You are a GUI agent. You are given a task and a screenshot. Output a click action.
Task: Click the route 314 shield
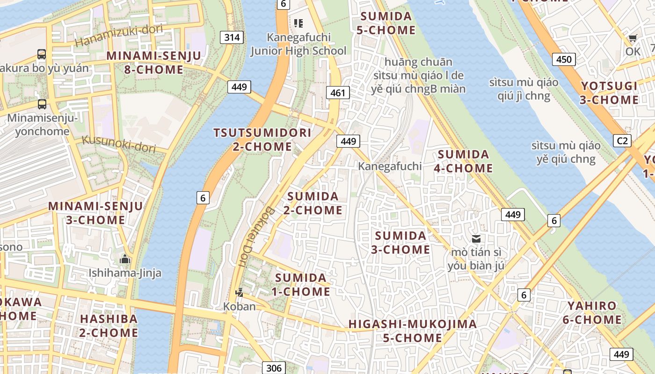pyautogui.click(x=232, y=37)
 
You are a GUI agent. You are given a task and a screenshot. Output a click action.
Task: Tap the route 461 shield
pyautogui.click(x=337, y=93)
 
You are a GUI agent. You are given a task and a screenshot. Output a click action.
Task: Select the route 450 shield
pyautogui.click(x=564, y=59)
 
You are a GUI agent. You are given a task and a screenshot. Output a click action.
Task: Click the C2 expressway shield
pyautogui.click(x=622, y=141)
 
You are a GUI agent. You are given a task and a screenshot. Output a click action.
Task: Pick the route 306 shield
pyautogui.click(x=274, y=367)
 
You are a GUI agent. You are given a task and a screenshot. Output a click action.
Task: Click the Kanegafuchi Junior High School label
pyautogui.click(x=298, y=44)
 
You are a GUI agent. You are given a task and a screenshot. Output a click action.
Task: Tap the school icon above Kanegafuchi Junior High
pyautogui.click(x=298, y=23)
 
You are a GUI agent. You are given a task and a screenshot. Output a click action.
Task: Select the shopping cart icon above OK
pyautogui.click(x=633, y=38)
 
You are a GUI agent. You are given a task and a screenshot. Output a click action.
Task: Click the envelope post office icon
pyautogui.click(x=476, y=239)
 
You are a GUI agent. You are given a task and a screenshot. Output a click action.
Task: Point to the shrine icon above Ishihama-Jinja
pyautogui.click(x=125, y=259)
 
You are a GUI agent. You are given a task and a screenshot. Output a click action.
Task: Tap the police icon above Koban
pyautogui.click(x=239, y=293)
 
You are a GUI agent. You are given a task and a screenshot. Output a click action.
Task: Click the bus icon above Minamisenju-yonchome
pyautogui.click(x=42, y=104)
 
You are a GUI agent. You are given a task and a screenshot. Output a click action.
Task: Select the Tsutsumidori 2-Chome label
pyautogui.click(x=262, y=139)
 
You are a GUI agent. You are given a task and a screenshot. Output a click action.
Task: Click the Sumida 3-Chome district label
pyautogui.click(x=400, y=242)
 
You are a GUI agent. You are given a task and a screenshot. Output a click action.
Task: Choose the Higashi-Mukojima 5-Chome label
pyautogui.click(x=413, y=331)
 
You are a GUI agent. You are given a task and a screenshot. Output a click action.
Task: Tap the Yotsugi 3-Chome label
pyautogui.click(x=609, y=93)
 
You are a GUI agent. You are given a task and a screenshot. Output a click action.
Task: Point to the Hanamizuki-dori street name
pyautogui.click(x=119, y=36)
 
